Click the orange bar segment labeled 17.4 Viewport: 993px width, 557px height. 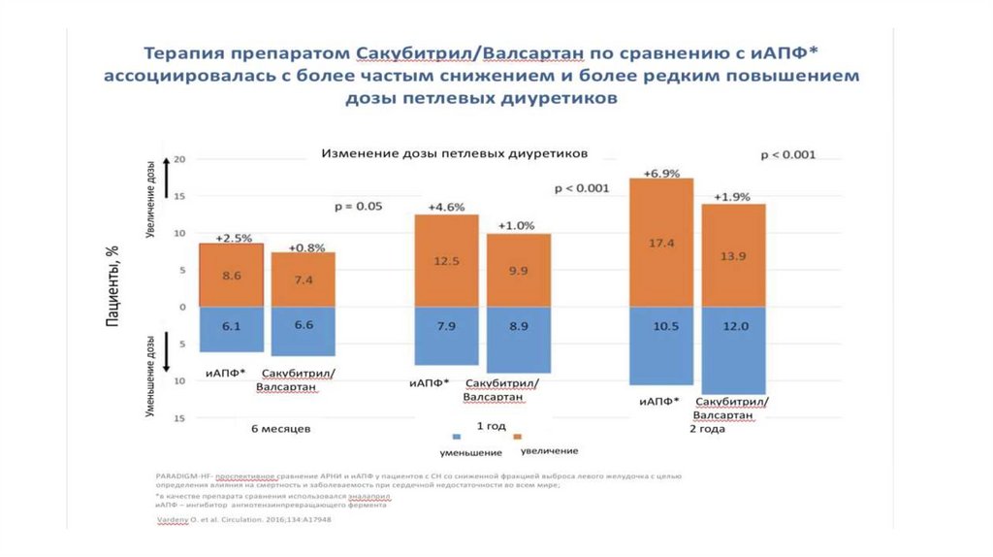coord(661,243)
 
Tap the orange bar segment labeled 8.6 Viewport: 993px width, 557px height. coord(231,275)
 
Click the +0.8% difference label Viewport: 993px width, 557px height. coord(303,246)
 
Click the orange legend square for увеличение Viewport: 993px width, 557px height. coord(518,437)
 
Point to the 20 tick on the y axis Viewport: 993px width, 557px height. coord(178,159)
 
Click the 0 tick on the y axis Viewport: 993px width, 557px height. coord(181,307)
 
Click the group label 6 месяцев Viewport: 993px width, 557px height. coord(280,428)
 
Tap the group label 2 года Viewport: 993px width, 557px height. coord(704,428)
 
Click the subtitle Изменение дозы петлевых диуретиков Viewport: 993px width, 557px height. coord(455,153)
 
